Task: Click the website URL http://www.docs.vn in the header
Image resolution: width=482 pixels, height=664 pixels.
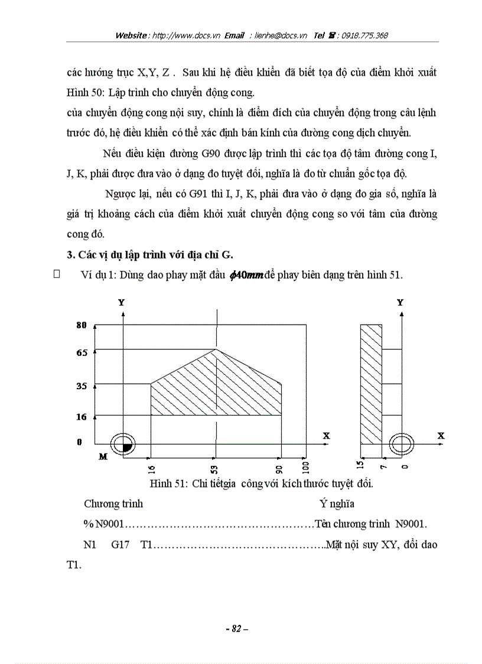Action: point(186,35)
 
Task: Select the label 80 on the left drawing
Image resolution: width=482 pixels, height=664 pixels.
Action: point(82,325)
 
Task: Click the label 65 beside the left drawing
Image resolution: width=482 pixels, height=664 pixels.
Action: point(82,353)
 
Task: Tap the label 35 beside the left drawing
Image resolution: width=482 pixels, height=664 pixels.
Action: point(82,387)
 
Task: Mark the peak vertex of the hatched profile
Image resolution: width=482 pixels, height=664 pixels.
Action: point(217,349)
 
